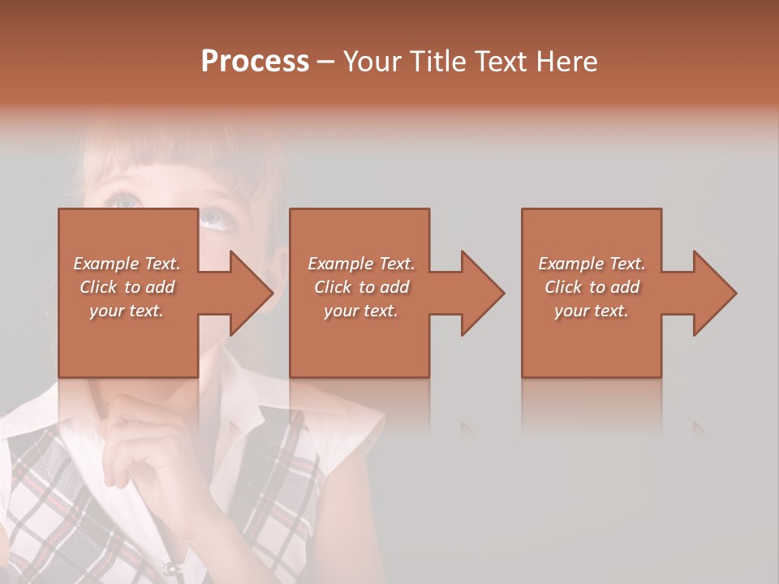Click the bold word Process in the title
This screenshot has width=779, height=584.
pyautogui.click(x=255, y=61)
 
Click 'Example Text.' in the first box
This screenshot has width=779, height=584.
pyautogui.click(x=127, y=264)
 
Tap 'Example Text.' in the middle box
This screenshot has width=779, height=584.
pyautogui.click(x=361, y=264)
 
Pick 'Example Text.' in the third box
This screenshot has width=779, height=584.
pyautogui.click(x=592, y=264)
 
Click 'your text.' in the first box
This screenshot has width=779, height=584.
pyautogui.click(x=127, y=311)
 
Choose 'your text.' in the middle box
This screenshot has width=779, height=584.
pyautogui.click(x=361, y=311)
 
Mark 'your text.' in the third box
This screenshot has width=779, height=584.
pyautogui.click(x=592, y=311)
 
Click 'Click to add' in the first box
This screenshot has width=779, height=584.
pyautogui.click(x=127, y=287)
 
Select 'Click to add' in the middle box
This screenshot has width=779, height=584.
pyautogui.click(x=361, y=287)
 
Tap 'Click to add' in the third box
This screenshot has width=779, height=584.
pyautogui.click(x=592, y=287)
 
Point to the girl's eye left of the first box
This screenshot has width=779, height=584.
pyautogui.click(x=126, y=199)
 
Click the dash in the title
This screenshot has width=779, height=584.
pyautogui.click(x=326, y=62)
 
